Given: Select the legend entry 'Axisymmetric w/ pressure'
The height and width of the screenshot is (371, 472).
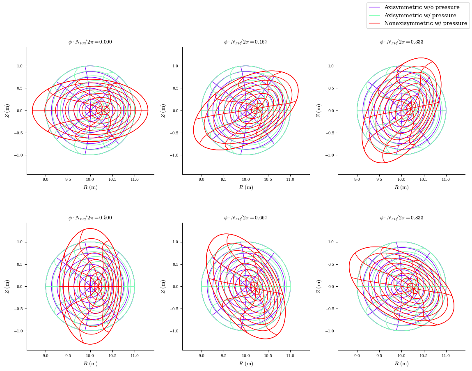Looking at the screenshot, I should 420,16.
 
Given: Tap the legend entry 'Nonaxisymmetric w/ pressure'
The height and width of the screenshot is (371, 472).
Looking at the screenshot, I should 425,23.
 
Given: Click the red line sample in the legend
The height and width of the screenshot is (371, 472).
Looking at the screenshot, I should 375,23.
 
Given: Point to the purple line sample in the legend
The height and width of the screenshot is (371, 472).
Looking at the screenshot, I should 375,7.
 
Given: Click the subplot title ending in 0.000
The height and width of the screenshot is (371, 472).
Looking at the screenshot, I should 90,42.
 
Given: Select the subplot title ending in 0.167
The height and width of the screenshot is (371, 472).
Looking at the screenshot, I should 245,42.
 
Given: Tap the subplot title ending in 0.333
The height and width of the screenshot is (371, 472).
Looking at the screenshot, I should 401,42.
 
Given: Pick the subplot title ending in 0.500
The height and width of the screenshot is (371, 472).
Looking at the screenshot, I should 90,218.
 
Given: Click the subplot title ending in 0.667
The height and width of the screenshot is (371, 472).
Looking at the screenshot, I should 245,218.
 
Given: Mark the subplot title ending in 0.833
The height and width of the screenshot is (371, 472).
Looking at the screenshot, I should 401,218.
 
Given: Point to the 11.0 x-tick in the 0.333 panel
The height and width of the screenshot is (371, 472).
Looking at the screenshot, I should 446,180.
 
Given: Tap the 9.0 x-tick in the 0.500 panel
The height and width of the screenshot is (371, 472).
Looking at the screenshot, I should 46,355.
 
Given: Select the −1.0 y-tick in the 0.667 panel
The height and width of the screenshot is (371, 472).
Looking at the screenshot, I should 174,331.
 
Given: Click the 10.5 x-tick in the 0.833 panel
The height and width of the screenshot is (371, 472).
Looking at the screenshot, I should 424,355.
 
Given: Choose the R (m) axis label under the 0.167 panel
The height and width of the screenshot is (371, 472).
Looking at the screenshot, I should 246,187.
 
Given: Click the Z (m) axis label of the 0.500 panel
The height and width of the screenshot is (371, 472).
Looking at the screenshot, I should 7,286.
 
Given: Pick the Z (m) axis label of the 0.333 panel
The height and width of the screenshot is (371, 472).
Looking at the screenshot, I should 318,111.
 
